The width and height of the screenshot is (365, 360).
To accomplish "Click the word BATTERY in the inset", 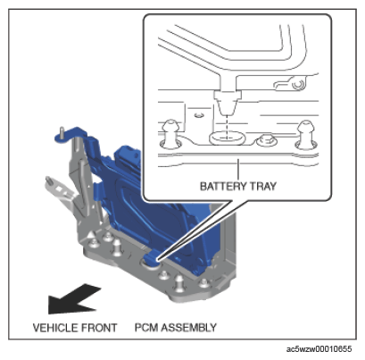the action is click(x=223, y=186).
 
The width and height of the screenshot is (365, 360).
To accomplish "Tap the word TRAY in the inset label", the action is click(x=263, y=186).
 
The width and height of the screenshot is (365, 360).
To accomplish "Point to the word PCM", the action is click(x=146, y=327).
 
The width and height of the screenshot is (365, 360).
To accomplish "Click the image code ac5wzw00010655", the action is click(x=319, y=348).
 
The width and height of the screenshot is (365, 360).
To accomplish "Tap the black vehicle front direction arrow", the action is click(x=74, y=299).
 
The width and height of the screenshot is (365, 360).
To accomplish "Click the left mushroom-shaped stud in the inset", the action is click(x=170, y=134).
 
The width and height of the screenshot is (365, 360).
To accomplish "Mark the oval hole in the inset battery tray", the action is click(x=227, y=138).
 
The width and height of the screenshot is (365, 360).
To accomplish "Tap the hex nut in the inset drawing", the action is click(x=266, y=139).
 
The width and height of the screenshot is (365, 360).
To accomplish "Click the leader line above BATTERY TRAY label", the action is click(x=238, y=169).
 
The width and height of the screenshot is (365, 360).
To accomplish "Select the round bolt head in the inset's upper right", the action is click(x=298, y=85).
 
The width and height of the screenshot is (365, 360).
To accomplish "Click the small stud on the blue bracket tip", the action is click(x=62, y=131).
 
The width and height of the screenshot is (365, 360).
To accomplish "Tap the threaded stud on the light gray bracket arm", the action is click(x=48, y=180).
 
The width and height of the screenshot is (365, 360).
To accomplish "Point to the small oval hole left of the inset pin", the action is click(x=198, y=114).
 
